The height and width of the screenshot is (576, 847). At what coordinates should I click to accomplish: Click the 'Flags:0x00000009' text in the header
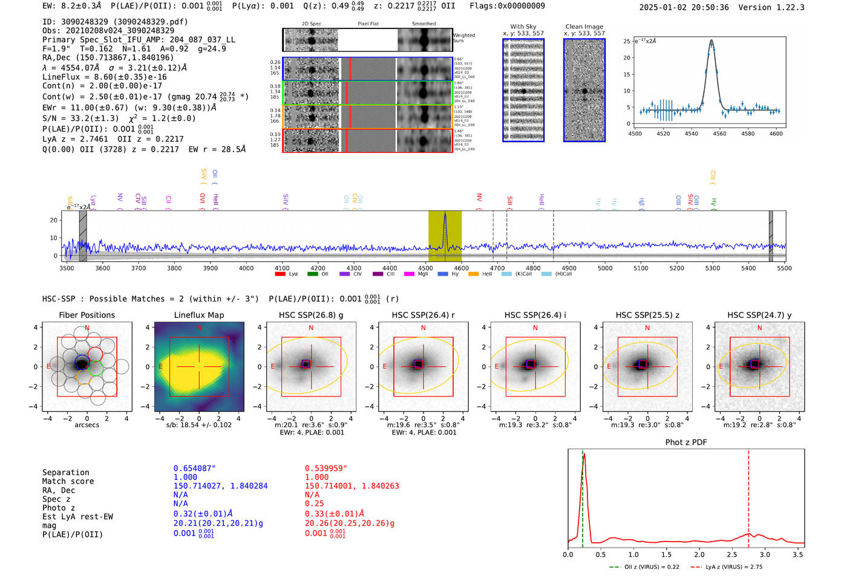click(507, 5)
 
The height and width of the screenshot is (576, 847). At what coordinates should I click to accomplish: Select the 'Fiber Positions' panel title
click(87, 315)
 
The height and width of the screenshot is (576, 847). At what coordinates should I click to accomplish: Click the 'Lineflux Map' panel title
click(198, 315)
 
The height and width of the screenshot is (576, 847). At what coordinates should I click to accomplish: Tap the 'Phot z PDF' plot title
click(685, 442)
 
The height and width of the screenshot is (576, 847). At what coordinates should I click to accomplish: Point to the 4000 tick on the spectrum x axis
click(246, 268)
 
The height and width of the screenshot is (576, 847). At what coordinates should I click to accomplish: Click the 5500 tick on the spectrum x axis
click(784, 268)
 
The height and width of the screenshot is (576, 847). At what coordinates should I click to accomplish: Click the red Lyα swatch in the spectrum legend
click(280, 274)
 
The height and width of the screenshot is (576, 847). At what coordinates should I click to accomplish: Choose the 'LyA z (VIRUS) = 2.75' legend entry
click(733, 567)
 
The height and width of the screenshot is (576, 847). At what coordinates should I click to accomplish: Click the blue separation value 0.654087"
click(194, 468)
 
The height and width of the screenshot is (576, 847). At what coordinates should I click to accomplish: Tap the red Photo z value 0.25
click(314, 503)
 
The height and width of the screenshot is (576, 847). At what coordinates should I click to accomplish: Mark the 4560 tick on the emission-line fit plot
click(719, 134)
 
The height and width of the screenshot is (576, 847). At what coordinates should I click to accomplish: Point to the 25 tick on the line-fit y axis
click(627, 41)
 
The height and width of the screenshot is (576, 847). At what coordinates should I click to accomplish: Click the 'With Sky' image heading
click(523, 27)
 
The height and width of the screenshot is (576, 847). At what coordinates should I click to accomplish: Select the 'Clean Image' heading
click(584, 27)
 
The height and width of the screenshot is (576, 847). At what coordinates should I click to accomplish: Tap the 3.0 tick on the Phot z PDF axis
click(765, 554)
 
